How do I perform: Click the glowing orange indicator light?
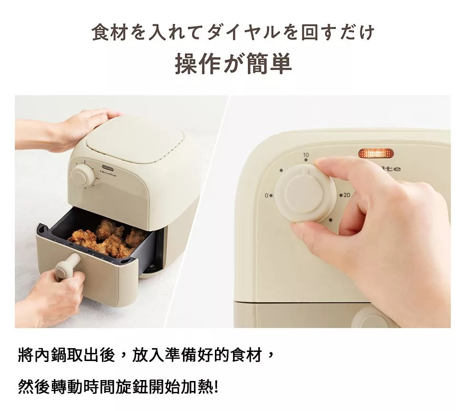376,154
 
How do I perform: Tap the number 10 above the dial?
306,155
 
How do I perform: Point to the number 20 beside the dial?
347,195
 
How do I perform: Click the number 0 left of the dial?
266,196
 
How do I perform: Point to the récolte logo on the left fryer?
108,173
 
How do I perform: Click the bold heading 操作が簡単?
233,63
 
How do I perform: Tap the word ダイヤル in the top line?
243,32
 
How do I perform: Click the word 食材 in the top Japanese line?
110,32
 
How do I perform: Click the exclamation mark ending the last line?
216,387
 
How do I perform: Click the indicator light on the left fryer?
106,167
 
